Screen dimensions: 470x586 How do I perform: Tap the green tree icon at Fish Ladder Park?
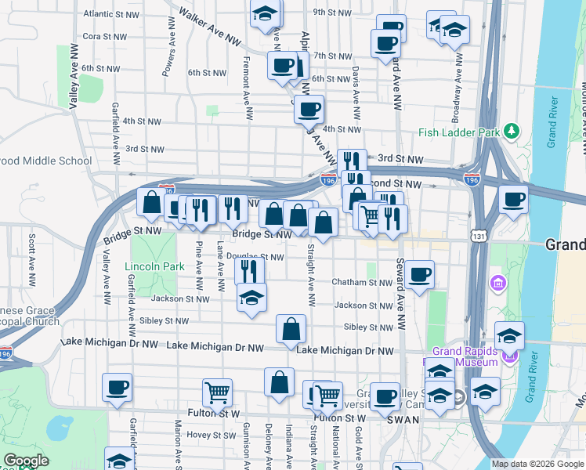pos(512,129)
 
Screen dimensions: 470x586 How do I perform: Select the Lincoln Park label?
pos(154,266)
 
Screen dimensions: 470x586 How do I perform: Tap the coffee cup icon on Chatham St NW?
pos(420,274)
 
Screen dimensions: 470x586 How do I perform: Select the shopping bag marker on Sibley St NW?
pos(291,329)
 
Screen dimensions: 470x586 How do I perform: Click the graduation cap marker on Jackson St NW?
pos(251,298)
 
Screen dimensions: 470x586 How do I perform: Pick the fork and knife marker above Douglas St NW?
pos(250,271)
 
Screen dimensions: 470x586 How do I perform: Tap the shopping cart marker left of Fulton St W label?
pos(216,392)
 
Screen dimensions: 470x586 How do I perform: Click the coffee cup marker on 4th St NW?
pos(309,108)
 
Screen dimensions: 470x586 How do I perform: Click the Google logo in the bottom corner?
pos(25,461)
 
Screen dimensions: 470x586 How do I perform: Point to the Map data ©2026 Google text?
pos(537,464)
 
